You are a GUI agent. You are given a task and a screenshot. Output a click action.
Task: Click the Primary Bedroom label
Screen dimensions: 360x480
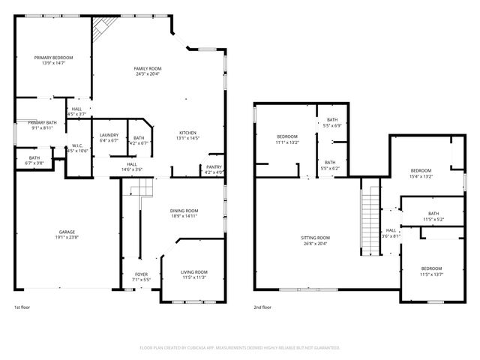tap(53, 58)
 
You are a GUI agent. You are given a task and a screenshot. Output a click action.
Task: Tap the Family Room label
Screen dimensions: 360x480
tap(148, 68)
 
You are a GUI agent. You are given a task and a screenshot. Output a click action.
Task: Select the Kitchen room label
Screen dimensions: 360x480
tap(187, 133)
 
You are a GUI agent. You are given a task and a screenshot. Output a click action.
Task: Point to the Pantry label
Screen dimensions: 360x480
tap(214, 167)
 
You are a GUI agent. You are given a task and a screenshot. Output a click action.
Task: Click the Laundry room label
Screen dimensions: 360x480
tap(109, 135)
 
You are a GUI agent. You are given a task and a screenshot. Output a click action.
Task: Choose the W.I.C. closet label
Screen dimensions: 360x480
tap(77, 146)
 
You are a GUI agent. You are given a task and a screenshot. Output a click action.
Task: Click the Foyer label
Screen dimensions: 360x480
tap(141, 274)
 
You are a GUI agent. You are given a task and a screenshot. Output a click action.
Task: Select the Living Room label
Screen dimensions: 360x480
tap(194, 271)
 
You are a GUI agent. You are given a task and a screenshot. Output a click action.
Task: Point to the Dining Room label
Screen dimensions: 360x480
tap(183, 211)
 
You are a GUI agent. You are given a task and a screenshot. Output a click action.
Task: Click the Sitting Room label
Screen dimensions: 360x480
tap(316, 238)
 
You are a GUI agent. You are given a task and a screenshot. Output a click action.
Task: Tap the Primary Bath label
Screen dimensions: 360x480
tap(43, 122)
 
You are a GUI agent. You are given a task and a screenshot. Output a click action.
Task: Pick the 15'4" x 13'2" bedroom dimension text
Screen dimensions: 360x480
tap(421, 176)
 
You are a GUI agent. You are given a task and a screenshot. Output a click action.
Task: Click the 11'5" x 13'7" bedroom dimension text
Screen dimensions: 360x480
tap(431, 274)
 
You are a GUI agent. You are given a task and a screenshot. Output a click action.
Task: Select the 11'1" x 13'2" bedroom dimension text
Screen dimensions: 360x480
tap(287, 141)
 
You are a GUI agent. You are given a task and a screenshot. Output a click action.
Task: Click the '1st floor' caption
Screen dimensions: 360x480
tap(22, 307)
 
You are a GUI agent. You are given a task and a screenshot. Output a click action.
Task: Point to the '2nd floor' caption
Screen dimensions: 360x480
tap(262, 307)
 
